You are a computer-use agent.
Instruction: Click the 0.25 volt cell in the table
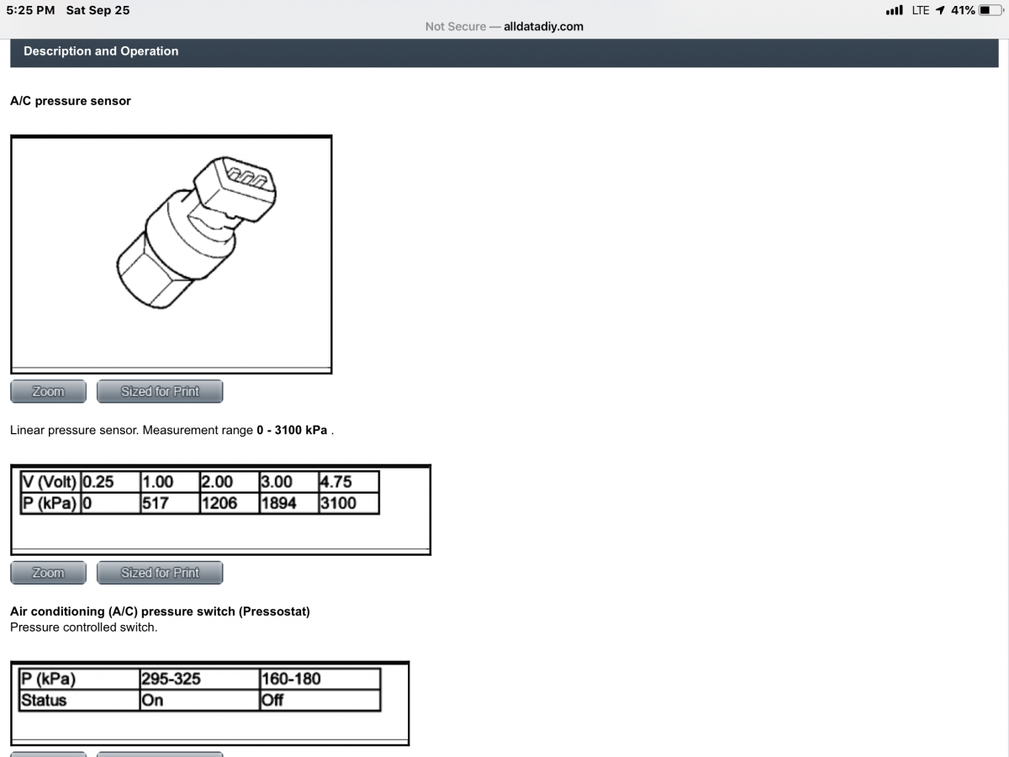[110, 482]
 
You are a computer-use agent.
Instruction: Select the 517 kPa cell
[170, 503]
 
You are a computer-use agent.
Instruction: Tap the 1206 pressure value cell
[230, 503]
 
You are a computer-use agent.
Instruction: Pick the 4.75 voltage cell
[349, 482]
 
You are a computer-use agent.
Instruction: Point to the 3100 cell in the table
[349, 503]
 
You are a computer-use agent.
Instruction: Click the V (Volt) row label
[50, 482]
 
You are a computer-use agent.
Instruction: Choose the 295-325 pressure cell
[199, 679]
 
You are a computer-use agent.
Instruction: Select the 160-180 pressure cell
[320, 679]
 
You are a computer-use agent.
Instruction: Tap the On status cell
[199, 701]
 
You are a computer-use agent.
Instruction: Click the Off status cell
[320, 701]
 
